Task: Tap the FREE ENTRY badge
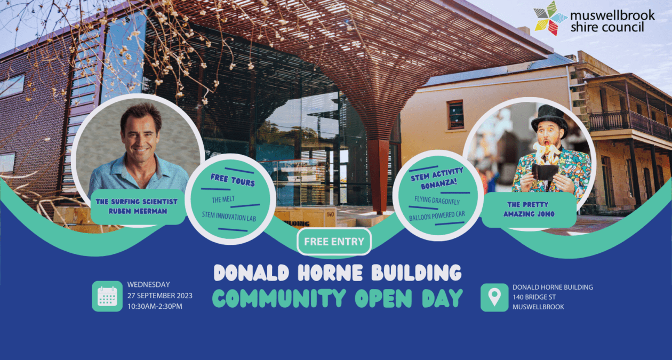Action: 334,242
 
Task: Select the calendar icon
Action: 107,296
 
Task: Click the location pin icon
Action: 494,297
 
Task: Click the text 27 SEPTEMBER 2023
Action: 160,295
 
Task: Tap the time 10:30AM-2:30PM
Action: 155,306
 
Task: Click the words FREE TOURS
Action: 233,180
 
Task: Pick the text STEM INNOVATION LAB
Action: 229,217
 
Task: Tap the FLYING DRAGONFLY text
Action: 437,201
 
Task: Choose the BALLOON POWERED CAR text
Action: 437,215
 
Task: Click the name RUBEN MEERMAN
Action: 138,211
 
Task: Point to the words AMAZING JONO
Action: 529,214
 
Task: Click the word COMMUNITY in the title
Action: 279,298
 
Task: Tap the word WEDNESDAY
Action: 148,284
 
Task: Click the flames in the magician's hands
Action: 545,153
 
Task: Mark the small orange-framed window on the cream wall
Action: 455,115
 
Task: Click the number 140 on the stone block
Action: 330,214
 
